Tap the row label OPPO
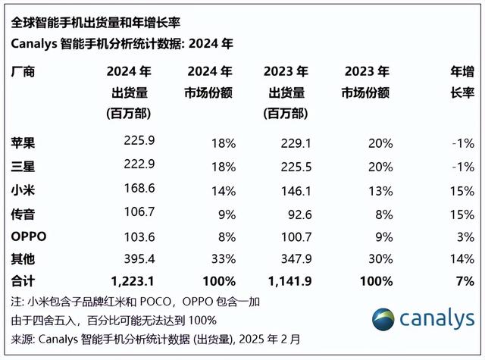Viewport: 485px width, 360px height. (30, 236)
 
